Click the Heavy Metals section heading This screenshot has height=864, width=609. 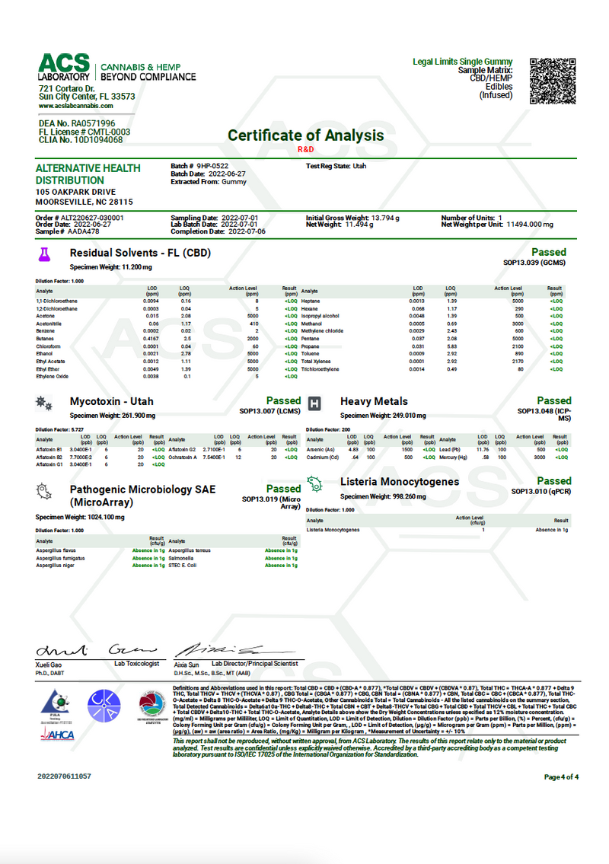coord(374,401)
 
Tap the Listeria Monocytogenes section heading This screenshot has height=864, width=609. coord(399,482)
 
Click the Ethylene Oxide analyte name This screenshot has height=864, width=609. coord(52,376)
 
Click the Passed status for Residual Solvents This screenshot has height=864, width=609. coord(549,252)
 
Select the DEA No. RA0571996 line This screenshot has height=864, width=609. coord(75,123)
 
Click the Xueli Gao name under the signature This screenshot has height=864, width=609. coord(48,665)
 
